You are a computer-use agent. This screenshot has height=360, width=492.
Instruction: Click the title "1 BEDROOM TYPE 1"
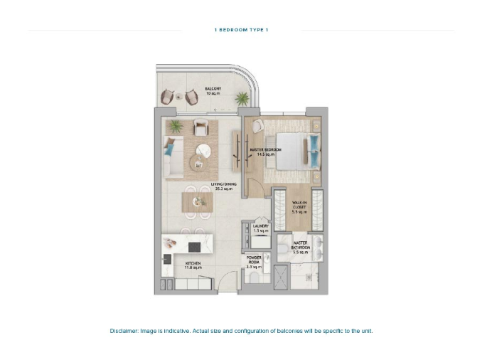coord(241,30)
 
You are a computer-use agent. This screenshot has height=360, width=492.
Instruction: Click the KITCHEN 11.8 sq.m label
coord(175,265)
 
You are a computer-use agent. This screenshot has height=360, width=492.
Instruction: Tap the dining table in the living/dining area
coord(197,202)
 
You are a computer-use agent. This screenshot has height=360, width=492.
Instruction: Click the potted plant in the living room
coord(173,126)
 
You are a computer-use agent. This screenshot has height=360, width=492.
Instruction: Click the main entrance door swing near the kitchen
coord(226,279)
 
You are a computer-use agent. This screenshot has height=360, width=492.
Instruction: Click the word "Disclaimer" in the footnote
coord(126,331)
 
